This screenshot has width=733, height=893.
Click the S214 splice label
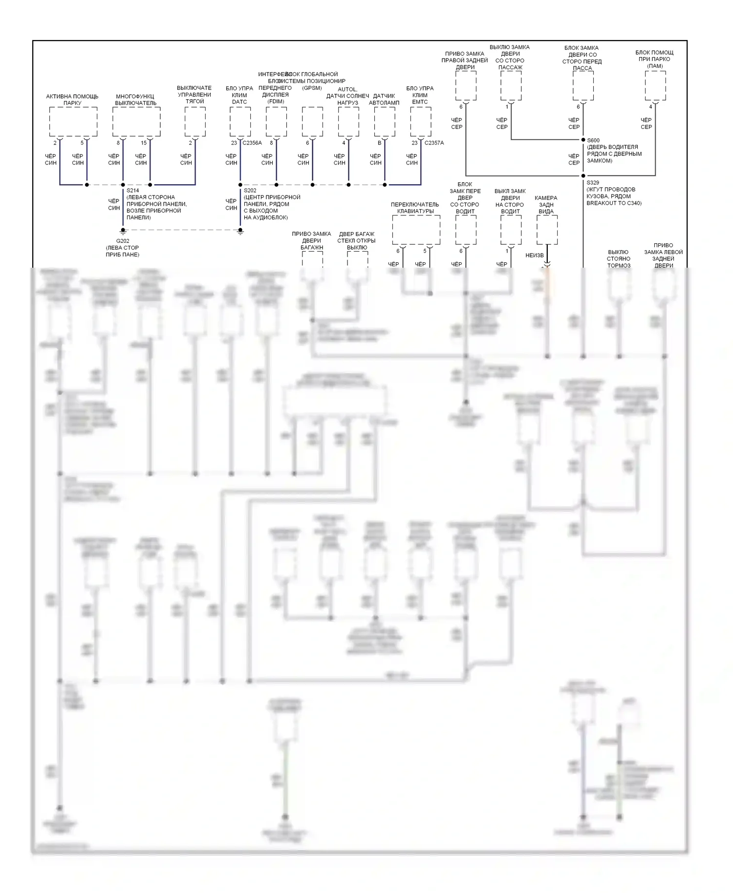pos(132,191)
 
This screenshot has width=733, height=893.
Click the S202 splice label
pos(250,191)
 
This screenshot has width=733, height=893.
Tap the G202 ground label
pos(123,241)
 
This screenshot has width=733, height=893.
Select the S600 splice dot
pos(583,140)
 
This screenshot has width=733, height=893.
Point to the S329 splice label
pos(593,183)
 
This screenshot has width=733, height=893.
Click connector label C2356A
pos(252,143)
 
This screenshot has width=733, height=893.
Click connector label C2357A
pos(434,143)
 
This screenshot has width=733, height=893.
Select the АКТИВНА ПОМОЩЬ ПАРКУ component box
pos(73,122)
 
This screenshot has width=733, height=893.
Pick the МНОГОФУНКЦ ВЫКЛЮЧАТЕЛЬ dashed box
pos(136,122)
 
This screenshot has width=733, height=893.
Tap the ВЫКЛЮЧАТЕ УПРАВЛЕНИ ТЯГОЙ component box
pos(195,122)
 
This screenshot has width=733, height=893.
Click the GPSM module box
pos(312,122)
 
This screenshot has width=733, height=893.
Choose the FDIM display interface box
pos(276,122)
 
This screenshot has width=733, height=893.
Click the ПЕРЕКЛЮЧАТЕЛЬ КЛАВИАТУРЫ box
pos(416,230)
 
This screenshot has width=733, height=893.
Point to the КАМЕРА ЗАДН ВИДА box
pos(547,230)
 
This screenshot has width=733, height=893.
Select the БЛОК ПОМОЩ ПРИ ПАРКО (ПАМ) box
pos(655,85)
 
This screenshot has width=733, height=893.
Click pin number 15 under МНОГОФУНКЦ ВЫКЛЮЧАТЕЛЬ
pos(144,143)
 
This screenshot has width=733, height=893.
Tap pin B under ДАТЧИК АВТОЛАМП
pos(379,143)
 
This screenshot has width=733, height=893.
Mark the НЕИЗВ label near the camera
pos(534,255)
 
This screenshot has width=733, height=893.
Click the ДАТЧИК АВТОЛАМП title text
pos(384,100)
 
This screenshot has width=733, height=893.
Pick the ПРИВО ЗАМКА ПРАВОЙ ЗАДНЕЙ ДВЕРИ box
pos(466,85)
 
